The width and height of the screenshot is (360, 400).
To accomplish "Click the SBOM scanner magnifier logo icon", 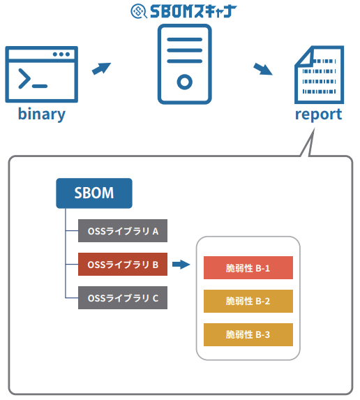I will [x=139, y=11].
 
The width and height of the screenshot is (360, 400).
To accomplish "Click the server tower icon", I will [x=184, y=64].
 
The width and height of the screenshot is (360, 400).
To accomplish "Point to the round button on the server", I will [x=184, y=82].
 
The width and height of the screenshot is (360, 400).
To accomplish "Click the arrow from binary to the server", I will [x=103, y=68].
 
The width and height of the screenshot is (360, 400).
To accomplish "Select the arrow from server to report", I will [x=262, y=68].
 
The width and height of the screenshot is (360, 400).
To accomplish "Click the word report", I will [x=318, y=114].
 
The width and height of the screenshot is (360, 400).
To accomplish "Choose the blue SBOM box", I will [x=93, y=193].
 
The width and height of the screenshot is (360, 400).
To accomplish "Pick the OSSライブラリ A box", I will [x=123, y=230].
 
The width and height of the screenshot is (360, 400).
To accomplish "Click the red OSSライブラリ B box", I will [x=123, y=265].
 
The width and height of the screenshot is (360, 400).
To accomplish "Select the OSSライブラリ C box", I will [x=123, y=299].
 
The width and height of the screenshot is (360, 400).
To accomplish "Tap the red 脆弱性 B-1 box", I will [x=248, y=268].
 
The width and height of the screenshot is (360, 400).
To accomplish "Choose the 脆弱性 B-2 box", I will [x=248, y=302].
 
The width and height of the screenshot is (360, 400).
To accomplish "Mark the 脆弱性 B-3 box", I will [x=248, y=335].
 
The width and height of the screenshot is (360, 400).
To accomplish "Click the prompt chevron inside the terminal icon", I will [x=26, y=80].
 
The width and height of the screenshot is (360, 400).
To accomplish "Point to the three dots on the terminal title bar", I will [x=61, y=54].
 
